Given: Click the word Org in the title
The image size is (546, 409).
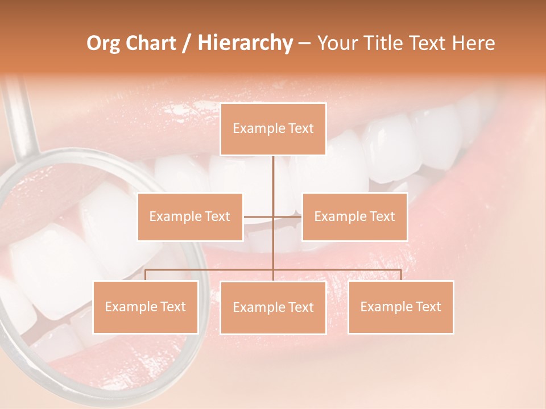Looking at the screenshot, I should coord(103,43).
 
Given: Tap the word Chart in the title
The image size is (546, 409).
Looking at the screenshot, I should coord(148,43).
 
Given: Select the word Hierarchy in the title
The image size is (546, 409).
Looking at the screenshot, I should coord(245,43).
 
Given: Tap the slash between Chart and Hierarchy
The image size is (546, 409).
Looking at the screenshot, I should coord(187,44).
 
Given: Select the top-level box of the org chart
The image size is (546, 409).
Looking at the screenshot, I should coord(273,129).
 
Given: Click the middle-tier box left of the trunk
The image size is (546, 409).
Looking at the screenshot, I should coord(190,216).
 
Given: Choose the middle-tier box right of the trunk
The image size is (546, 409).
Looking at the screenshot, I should coord(354,216).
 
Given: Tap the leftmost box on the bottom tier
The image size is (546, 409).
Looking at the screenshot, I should coord(146,307).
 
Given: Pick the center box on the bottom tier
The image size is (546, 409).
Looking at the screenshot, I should coord(273,307).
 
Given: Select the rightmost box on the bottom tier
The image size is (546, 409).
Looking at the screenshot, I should coord(401,307).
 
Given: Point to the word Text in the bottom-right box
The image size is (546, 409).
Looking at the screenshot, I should coord(428,307).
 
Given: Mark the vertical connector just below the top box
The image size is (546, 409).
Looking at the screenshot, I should coord(273,176).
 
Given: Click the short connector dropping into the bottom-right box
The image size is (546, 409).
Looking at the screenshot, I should coord(401,275).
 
